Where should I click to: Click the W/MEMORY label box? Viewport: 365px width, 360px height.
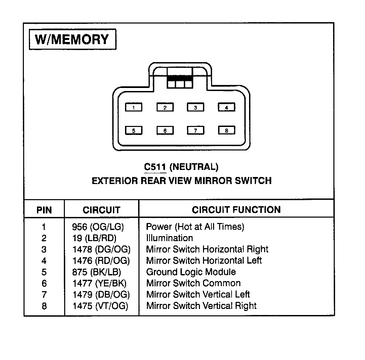pyautogui.click(x=72, y=40)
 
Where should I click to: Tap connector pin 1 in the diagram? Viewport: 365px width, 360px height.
pyautogui.click(x=134, y=107)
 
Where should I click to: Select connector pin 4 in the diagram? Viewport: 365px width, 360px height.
pyautogui.click(x=227, y=107)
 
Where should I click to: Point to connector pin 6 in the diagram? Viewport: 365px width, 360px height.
pyautogui.click(x=165, y=131)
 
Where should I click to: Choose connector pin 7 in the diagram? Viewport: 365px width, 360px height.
pyautogui.click(x=196, y=131)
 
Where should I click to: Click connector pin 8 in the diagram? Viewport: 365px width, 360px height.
pyautogui.click(x=227, y=131)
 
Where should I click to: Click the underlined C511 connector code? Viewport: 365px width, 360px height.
pyautogui.click(x=155, y=167)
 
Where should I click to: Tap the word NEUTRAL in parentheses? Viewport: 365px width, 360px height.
pyautogui.click(x=194, y=167)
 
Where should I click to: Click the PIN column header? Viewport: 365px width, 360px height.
pyautogui.click(x=44, y=210)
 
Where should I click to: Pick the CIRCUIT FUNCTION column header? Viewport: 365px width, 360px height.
pyautogui.click(x=236, y=210)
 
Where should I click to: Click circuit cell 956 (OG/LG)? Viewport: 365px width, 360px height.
pyautogui.click(x=98, y=227)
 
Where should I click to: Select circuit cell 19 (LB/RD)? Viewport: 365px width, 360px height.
pyautogui.click(x=94, y=238)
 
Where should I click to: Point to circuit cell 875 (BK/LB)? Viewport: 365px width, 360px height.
pyautogui.click(x=96, y=272)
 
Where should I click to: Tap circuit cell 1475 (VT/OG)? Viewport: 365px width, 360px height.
pyautogui.click(x=100, y=306)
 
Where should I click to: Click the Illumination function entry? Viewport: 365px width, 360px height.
pyautogui.click(x=169, y=238)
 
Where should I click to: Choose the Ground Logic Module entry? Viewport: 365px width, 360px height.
pyautogui.click(x=191, y=272)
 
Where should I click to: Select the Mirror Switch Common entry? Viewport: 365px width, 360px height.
pyautogui.click(x=193, y=283)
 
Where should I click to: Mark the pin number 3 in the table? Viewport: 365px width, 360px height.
pyautogui.click(x=44, y=250)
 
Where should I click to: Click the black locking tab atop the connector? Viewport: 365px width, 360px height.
pyautogui.click(x=179, y=77)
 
